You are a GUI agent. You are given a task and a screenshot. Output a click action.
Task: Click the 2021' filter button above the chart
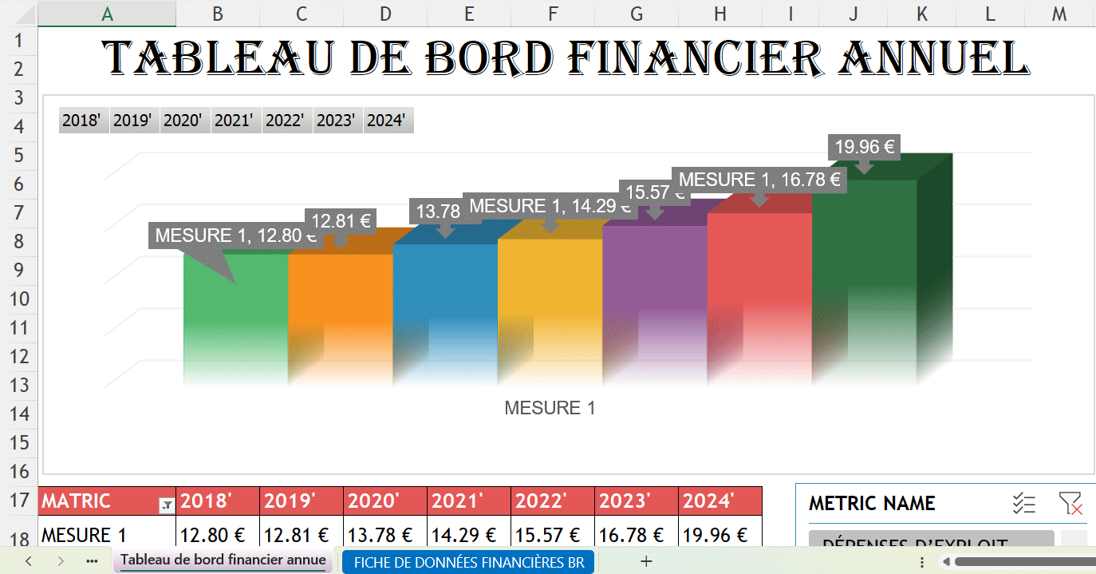click(234, 121)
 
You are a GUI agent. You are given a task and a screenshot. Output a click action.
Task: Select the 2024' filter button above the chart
click(387, 121)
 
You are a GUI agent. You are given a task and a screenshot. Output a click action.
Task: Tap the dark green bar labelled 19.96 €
click(863, 263)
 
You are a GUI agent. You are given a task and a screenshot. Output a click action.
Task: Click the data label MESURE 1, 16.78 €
click(759, 180)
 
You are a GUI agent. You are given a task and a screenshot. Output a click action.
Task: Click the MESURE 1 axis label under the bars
click(550, 408)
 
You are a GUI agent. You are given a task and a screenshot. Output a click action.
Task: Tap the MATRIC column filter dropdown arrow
click(167, 504)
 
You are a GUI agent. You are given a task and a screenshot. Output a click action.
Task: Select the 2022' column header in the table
click(540, 501)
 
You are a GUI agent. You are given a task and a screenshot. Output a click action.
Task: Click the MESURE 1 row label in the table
click(84, 534)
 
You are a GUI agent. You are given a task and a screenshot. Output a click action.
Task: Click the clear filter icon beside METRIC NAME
click(1070, 504)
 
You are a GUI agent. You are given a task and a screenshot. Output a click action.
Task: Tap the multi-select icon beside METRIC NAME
click(1023, 504)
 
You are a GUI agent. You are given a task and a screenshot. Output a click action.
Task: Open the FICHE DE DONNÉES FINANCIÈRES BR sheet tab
click(469, 562)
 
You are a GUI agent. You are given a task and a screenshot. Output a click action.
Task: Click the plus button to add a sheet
click(646, 562)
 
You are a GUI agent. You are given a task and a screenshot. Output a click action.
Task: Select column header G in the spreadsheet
click(637, 13)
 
